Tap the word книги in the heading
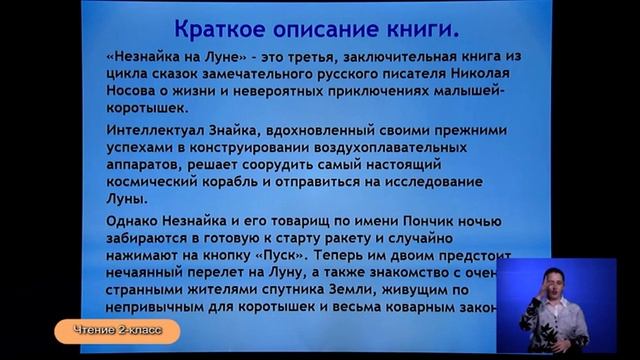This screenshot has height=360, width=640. coord(412,28)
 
